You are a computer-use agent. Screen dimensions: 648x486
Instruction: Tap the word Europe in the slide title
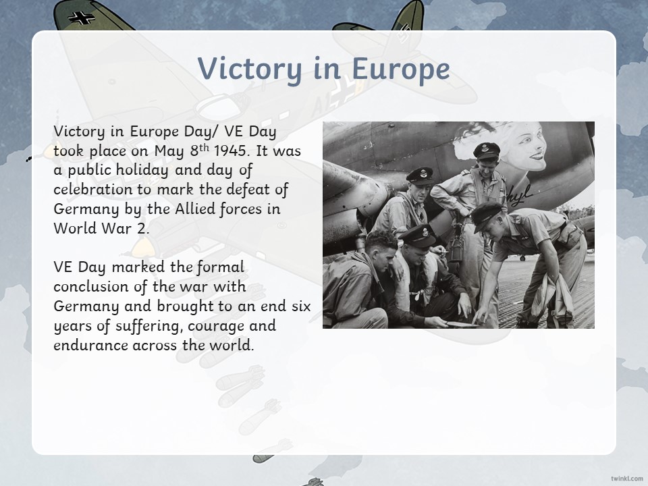pyautogui.click(x=400, y=70)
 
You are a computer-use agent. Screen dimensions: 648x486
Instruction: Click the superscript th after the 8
pyautogui.click(x=204, y=147)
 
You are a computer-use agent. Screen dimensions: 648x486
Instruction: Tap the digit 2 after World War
pyautogui.click(x=142, y=228)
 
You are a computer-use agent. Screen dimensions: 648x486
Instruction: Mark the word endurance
pyautogui.click(x=90, y=345)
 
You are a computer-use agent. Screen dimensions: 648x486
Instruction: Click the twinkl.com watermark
pyautogui.click(x=627, y=478)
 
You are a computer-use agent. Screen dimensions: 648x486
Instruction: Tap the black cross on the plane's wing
pyautogui.click(x=82, y=18)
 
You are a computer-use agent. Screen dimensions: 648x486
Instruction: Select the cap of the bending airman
pyautogui.click(x=487, y=215)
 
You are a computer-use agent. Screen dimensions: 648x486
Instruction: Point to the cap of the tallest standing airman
pyautogui.click(x=487, y=151)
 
